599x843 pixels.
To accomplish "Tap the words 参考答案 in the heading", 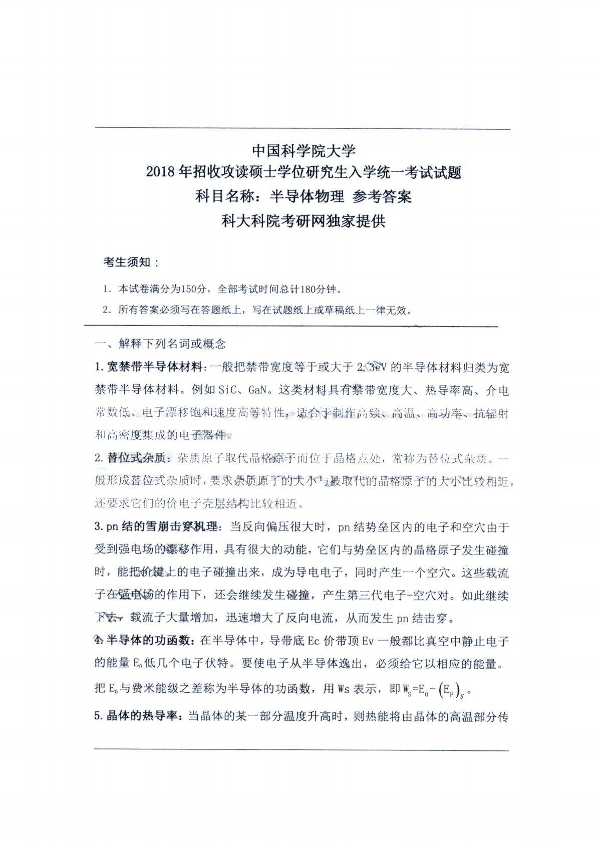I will [382, 196].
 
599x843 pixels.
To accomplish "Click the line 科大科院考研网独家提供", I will [303, 220].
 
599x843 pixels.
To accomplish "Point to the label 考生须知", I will [131, 262].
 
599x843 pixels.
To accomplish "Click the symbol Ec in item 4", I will [314, 641].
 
